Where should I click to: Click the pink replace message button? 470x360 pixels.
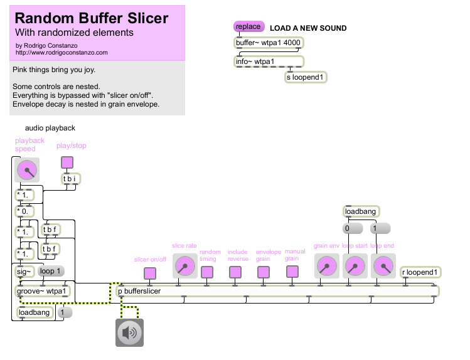[x=248, y=26]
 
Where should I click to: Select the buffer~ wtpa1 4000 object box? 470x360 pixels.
[x=269, y=43]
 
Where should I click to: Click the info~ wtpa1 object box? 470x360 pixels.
[x=269, y=61]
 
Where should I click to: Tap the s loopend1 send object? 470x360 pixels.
[x=306, y=77]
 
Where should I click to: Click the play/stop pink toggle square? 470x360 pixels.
[x=67, y=162]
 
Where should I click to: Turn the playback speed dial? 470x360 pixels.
[x=27, y=170]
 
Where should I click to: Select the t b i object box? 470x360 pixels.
[x=70, y=179]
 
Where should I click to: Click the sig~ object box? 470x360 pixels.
[x=24, y=272]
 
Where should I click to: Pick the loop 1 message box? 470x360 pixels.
[x=51, y=271]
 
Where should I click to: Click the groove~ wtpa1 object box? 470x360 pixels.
[x=42, y=291]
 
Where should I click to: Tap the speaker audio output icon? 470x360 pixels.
[x=129, y=332]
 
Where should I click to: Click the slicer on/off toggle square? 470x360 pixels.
[x=150, y=273]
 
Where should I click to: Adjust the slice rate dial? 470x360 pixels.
[x=185, y=266]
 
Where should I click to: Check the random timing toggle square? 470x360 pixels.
[x=207, y=272]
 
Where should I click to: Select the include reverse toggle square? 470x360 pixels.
[x=235, y=272]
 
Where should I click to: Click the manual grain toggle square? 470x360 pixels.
[x=292, y=272]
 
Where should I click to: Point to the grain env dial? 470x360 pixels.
[x=327, y=266]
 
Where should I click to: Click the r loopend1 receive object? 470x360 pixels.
[x=420, y=272]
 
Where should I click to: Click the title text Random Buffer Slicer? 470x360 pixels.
[x=92, y=18]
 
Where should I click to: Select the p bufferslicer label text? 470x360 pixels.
[x=139, y=291]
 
